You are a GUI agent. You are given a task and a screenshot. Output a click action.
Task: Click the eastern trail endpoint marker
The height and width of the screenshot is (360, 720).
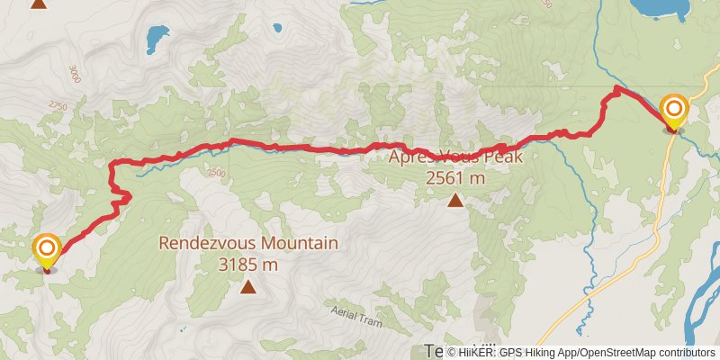[x=673, y=112]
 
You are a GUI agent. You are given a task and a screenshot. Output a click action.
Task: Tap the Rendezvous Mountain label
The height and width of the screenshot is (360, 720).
[x=248, y=243]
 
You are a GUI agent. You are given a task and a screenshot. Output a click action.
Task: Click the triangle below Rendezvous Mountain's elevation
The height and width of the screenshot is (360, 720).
[x=248, y=287]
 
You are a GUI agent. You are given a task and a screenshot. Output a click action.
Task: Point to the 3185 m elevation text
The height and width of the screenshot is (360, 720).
[x=248, y=265]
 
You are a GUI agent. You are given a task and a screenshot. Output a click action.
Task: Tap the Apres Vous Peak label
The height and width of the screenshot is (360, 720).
[x=455, y=156]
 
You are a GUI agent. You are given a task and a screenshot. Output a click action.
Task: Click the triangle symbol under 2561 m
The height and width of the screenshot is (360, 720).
[x=456, y=200]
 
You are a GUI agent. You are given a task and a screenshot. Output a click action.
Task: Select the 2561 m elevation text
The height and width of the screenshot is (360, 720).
[x=455, y=177]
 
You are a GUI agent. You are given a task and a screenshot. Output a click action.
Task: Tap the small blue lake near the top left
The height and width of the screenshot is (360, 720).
[x=157, y=38]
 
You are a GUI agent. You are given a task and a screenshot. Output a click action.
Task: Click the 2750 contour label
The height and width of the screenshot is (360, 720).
[x=58, y=106]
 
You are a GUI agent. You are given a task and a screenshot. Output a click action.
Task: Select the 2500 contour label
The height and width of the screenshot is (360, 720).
[x=216, y=172]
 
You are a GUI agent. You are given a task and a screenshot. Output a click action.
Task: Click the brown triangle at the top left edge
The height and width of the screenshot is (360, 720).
[x=38, y=4]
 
